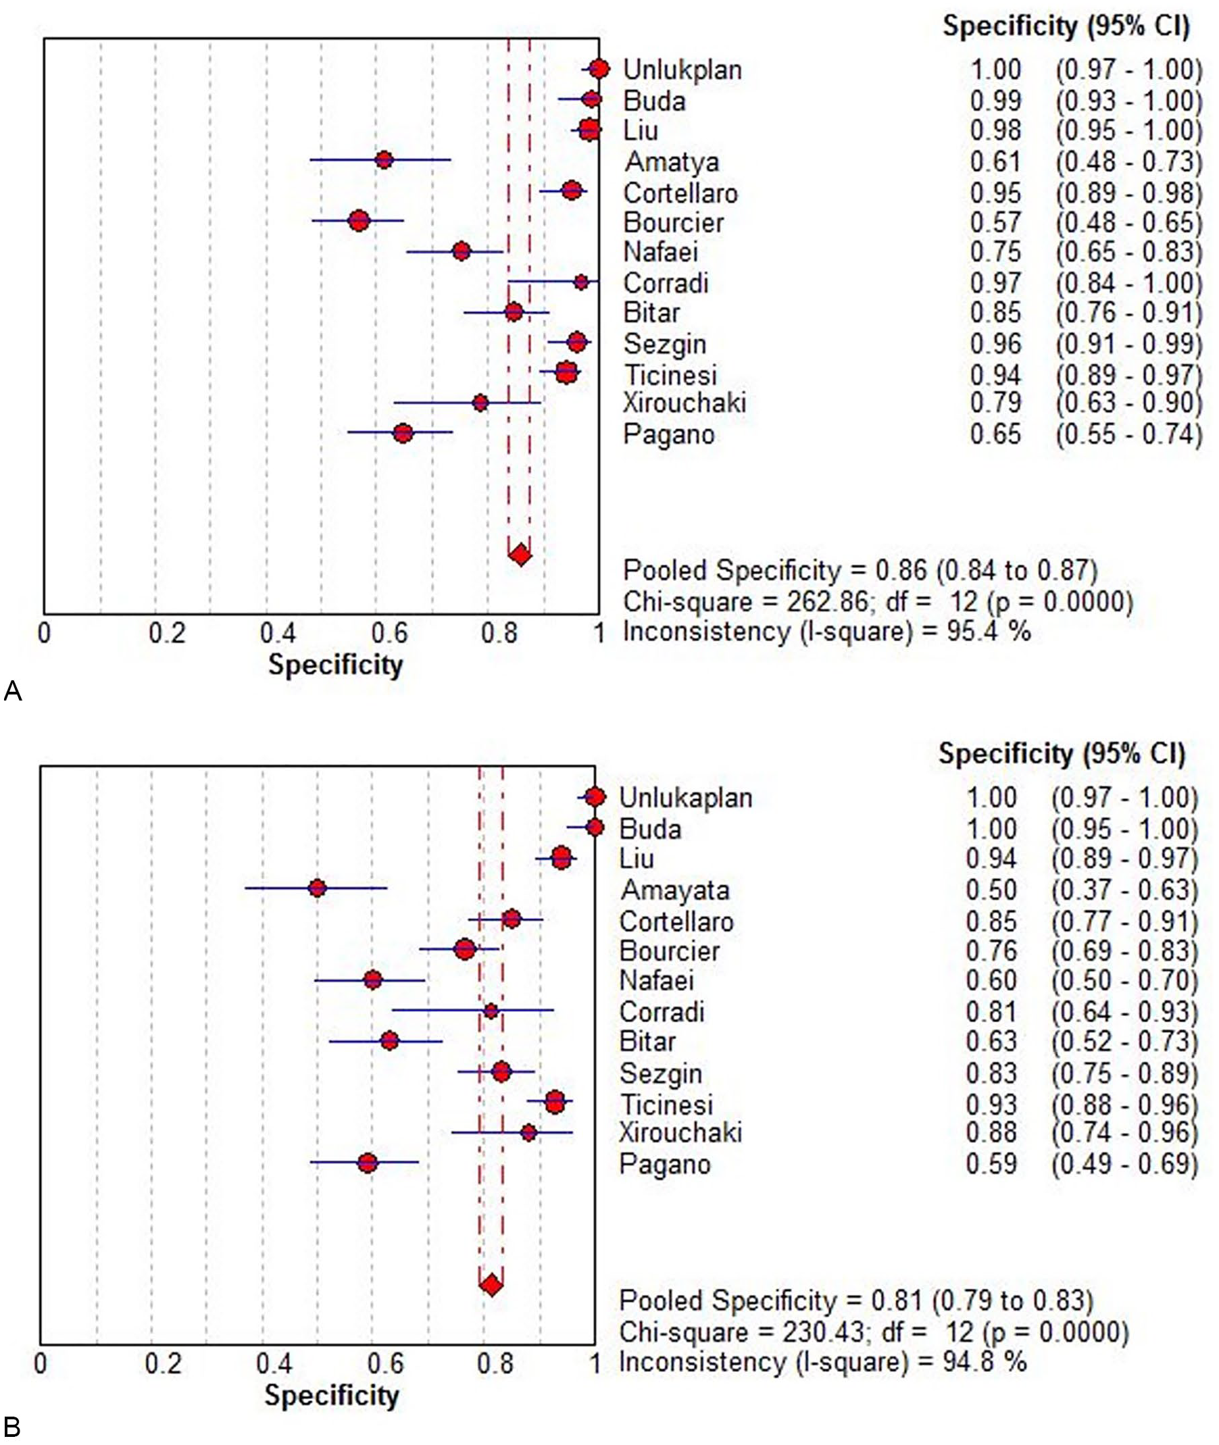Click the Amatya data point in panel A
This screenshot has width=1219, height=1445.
[x=384, y=160]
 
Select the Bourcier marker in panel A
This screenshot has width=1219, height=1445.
[x=359, y=221]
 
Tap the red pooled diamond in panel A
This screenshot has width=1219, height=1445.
[x=520, y=555]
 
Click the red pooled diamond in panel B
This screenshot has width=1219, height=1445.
[x=491, y=1286]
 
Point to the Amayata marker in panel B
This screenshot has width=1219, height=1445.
[x=317, y=888]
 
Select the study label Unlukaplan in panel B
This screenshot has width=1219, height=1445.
[x=685, y=798]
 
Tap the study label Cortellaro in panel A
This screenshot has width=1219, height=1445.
[x=680, y=193]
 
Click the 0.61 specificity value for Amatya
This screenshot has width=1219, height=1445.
[x=995, y=161]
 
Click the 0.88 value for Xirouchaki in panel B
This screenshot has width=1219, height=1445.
[x=992, y=1133]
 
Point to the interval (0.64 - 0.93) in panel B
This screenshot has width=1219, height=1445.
[x=1125, y=1012]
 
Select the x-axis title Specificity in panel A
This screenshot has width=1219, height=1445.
[x=335, y=665]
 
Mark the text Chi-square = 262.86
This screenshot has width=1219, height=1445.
[x=745, y=602]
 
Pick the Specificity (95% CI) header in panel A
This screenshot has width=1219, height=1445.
[x=1066, y=27]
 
